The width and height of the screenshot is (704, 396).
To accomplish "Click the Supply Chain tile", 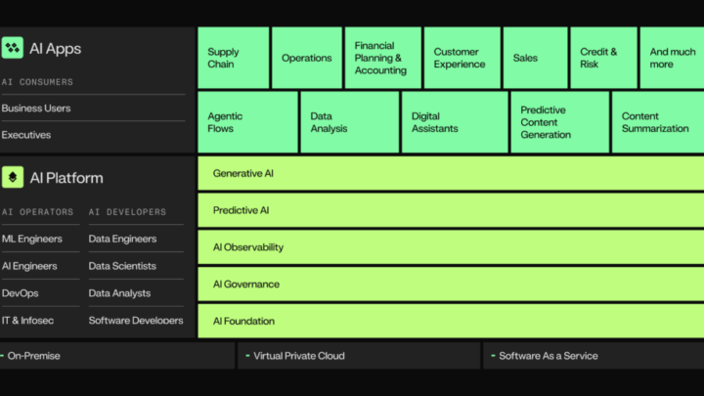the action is point(234,58).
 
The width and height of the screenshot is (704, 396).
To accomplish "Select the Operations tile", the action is point(307,58).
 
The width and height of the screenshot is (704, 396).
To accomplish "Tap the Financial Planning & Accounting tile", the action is point(383,58).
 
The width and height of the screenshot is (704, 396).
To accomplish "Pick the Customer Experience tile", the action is point(462,58).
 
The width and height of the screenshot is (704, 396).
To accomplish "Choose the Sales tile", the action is point(535,58).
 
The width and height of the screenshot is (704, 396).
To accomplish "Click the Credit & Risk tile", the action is point(603,58).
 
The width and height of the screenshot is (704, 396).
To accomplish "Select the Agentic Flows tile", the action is point(247,122).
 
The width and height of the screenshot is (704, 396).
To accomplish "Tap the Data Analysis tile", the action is point(350,122).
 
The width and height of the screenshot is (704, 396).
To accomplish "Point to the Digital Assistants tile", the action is point(455,122).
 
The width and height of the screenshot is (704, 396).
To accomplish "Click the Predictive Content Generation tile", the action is point(560,122).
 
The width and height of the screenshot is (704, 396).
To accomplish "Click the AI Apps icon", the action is point(13,48).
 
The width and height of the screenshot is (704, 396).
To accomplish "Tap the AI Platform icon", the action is point(13,177).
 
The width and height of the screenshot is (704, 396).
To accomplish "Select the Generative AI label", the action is point(242,173).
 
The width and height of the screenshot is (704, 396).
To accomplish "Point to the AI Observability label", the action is point(248,247).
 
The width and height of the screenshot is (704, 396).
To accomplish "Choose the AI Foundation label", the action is point(243,321).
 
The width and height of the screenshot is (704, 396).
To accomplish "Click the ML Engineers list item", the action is point(32,239).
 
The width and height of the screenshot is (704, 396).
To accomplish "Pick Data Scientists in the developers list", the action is point(122,266).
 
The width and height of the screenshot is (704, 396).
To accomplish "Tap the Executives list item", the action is point(26,135).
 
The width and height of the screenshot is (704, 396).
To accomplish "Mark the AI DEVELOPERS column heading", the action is point(127,212).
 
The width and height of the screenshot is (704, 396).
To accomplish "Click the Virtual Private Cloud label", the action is point(299,356).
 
